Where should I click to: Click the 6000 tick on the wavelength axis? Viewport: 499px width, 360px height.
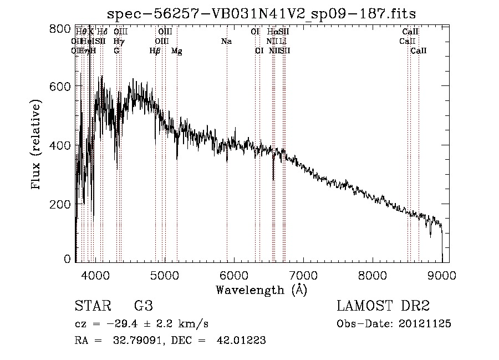coord(234,273)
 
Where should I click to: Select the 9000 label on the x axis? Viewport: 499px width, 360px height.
coord(441,273)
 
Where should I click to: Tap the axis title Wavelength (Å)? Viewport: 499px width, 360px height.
coord(261,290)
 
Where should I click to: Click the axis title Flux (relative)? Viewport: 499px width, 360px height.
coord(37,145)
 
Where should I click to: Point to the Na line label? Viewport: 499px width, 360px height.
coord(226,42)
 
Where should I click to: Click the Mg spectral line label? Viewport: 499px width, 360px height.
coord(177,51)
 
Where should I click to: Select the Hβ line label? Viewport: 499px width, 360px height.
coord(155,51)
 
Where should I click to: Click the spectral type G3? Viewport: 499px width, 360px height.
coord(143,306)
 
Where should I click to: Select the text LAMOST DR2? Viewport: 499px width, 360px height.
coord(383,306)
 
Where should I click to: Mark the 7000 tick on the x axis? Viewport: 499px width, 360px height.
coord(303,273)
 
